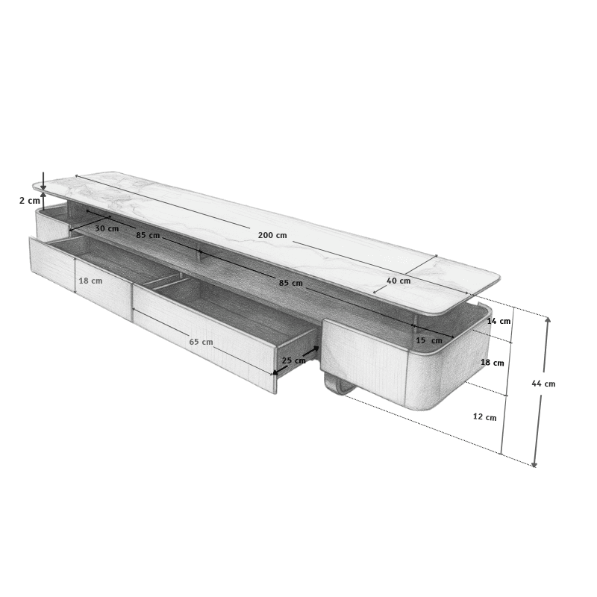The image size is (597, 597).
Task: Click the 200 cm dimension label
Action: coord(272,235)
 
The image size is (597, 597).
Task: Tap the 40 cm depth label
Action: coord(398,281)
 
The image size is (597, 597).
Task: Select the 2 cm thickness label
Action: coord(29,201)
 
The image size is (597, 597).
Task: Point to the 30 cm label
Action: coord(107,228)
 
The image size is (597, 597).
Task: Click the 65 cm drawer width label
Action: coord(201,342)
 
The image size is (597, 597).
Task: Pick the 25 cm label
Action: coord(293,360)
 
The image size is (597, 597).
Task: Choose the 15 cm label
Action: coord(428,340)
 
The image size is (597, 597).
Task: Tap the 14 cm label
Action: coord(498,321)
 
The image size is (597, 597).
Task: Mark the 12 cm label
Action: coord(484,417)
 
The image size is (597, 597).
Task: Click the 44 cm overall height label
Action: coord(543,384)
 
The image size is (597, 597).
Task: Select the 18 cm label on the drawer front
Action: coord(90,281)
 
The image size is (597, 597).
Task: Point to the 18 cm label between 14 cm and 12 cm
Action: coord(492,363)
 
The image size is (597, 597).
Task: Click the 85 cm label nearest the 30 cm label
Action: coord(148,235)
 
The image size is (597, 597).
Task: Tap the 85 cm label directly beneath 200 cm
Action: coord(290,283)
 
